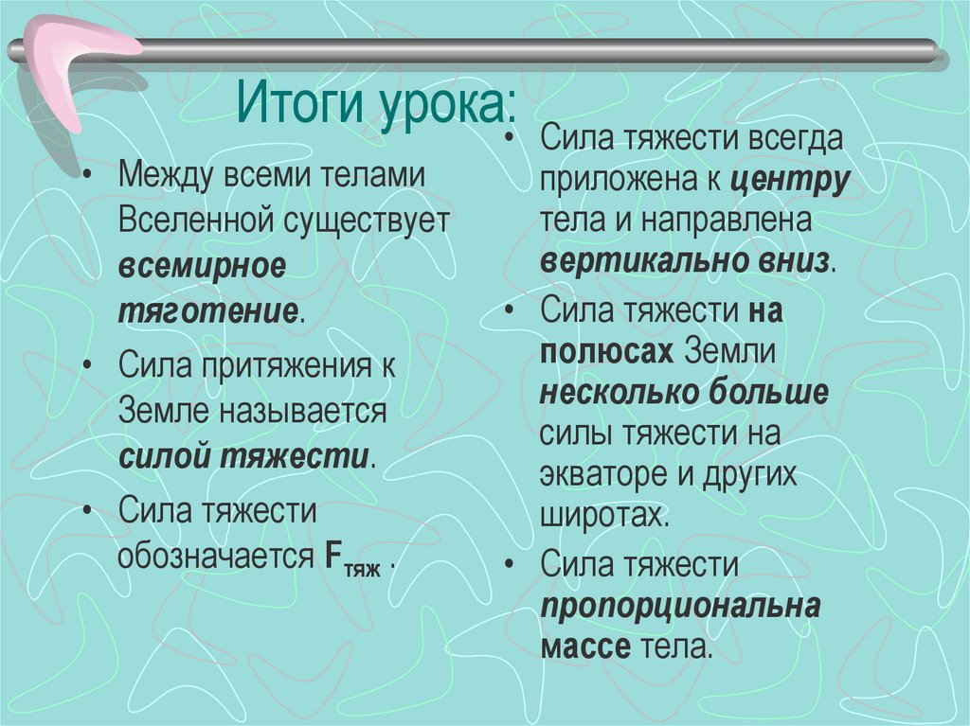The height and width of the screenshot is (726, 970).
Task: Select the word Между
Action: [x=166, y=177]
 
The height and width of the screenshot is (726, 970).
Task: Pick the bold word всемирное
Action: [x=202, y=267]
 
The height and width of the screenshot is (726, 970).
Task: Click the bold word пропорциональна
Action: [x=679, y=607]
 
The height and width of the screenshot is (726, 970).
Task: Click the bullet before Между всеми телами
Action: [x=88, y=177]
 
